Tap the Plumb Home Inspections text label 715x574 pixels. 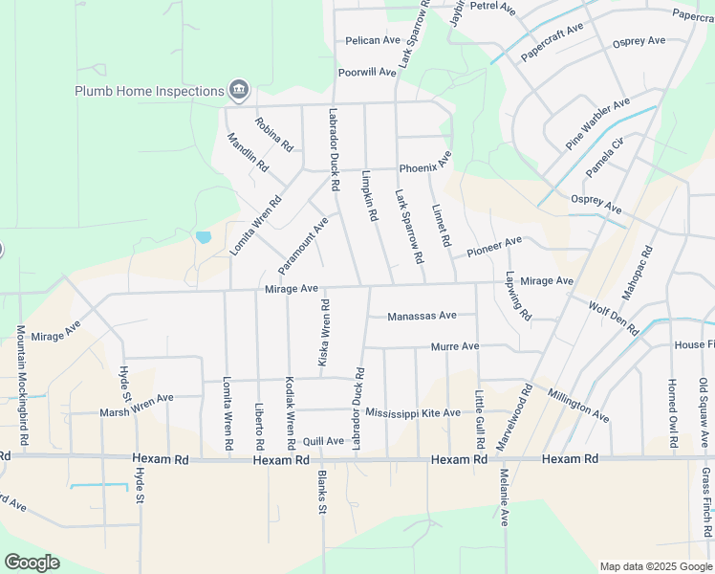click(x=150, y=92)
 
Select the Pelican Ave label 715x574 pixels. click(x=373, y=40)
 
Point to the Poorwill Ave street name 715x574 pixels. click(x=366, y=72)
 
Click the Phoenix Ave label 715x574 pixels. click(x=425, y=167)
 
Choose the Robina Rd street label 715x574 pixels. click(x=273, y=135)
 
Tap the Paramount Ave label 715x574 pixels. click(x=303, y=242)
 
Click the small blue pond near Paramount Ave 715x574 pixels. click(x=203, y=236)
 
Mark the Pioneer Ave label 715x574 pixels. click(x=494, y=247)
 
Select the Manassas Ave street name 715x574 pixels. click(x=422, y=315)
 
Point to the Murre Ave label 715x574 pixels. click(x=454, y=346)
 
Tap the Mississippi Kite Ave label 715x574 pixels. click(x=412, y=412)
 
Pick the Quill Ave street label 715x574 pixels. click(x=322, y=441)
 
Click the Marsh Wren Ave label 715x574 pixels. click(x=137, y=405)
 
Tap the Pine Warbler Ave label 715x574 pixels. click(x=597, y=123)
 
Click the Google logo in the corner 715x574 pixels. click(x=32, y=563)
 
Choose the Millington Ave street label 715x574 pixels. click(x=578, y=405)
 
